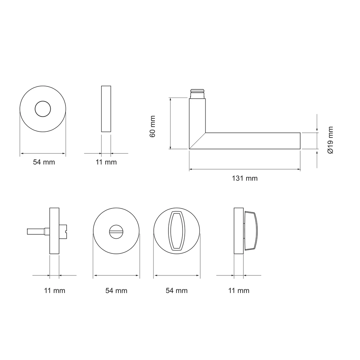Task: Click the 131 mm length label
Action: tap(245, 179)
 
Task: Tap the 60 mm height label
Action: tap(152, 126)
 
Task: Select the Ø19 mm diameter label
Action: tap(330, 140)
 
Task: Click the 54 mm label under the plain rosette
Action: tap(44, 162)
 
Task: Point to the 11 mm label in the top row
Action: tap(106, 162)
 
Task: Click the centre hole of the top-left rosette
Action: tap(43, 109)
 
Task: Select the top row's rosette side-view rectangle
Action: tap(106, 109)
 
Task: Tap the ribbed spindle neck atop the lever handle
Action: tap(197, 94)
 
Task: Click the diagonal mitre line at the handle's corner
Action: tap(197, 141)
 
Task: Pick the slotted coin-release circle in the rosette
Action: tap(116, 231)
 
